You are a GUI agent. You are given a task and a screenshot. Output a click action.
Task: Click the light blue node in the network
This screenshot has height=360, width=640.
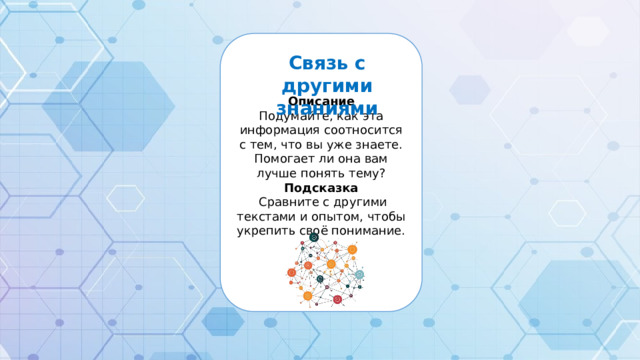359,275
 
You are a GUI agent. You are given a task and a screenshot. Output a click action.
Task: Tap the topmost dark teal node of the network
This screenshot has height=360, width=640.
313,238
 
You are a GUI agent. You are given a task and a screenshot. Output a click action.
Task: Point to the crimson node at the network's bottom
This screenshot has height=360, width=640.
337,300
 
